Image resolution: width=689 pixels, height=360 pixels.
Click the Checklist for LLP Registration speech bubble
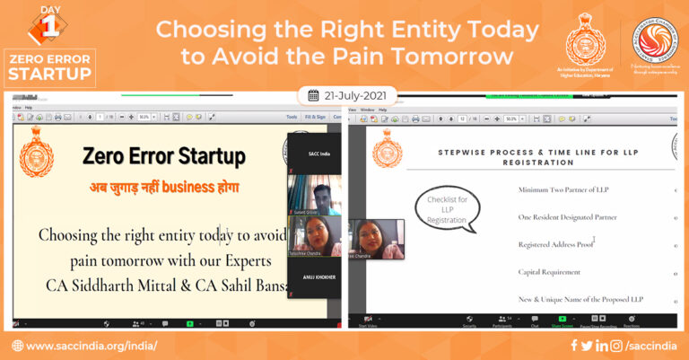pos(447,208)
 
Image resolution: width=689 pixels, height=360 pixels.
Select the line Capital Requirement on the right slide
pos(549,272)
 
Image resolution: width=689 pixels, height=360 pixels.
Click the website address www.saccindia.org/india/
pos(92,346)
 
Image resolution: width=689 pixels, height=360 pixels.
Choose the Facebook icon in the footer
pos(574,346)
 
